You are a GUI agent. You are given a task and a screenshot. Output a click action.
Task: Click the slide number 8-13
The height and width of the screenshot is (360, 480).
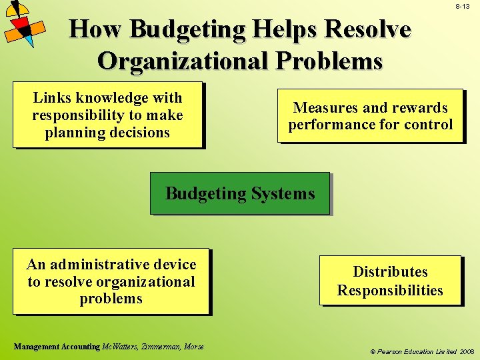463,6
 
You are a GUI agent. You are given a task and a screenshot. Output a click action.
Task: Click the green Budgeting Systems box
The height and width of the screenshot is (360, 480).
239,193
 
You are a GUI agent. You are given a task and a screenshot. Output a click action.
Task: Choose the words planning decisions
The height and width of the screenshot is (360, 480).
107,132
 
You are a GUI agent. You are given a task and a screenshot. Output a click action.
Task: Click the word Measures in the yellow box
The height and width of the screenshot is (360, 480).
323,107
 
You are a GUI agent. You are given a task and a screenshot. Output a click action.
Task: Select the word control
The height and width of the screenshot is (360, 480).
430,124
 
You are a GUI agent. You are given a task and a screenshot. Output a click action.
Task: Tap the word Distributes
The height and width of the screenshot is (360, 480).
390,271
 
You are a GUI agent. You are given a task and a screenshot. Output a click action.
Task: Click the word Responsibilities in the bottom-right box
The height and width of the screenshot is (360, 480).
390,290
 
